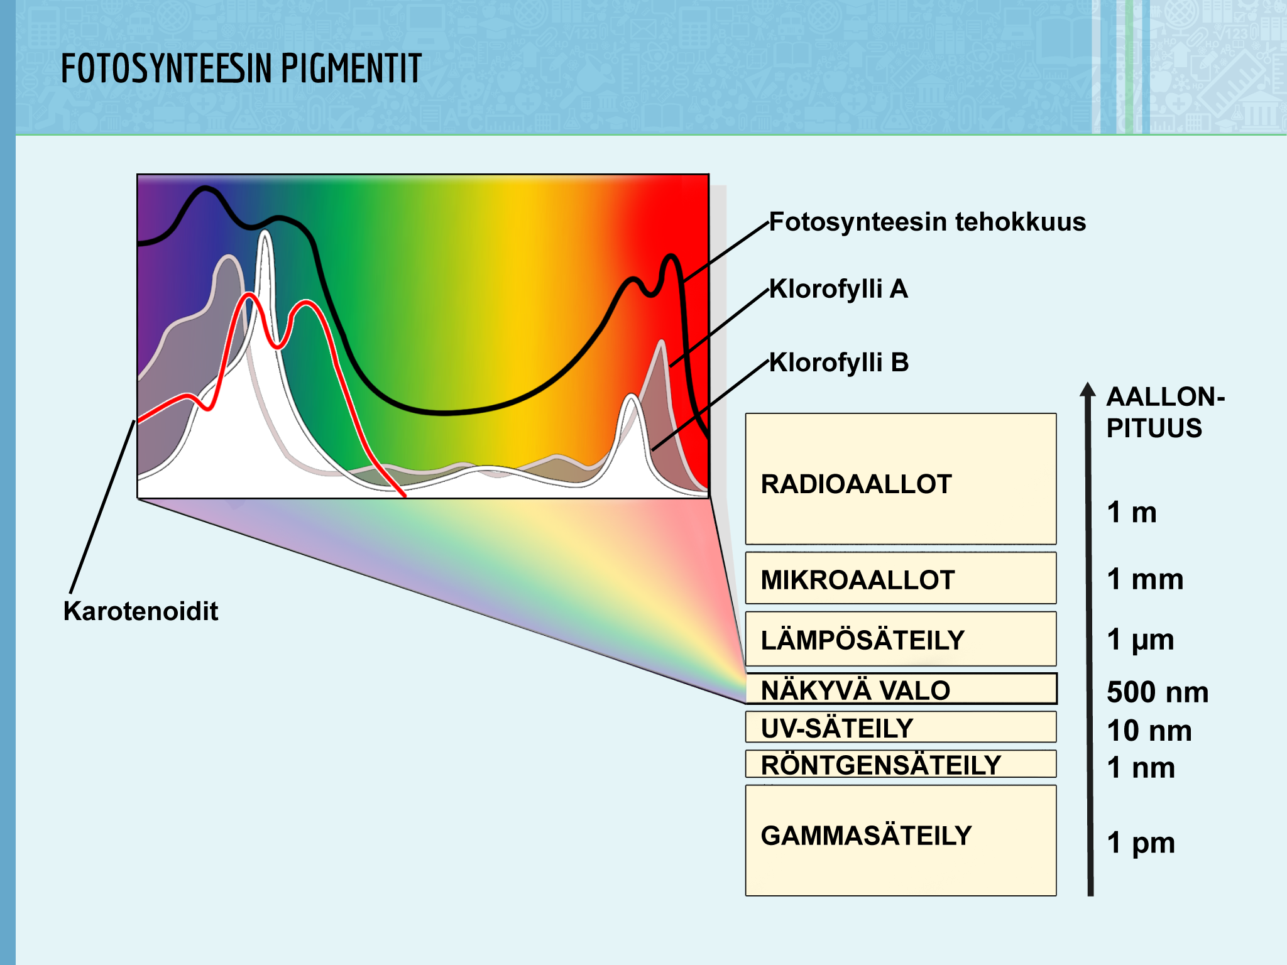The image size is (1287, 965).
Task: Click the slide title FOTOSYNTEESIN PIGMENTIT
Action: coord(241,68)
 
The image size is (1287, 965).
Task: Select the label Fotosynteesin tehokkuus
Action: coord(928,222)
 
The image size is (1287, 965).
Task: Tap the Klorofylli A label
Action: coord(839,289)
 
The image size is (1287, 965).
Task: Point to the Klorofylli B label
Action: coord(839,363)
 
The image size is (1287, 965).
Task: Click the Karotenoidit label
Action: coord(141,611)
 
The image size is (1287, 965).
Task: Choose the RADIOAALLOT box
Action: coord(901,479)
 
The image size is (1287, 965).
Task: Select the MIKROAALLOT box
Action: coord(901,578)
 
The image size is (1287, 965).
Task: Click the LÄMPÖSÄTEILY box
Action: coord(901,638)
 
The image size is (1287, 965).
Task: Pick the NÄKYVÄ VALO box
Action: coord(901,689)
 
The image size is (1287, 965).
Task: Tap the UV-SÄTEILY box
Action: coord(901,727)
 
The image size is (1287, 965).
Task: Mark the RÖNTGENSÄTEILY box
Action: coord(901,764)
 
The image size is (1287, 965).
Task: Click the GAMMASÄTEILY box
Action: coord(901,840)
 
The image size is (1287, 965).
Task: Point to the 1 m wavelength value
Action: coord(1132,512)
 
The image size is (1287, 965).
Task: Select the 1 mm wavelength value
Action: coord(1145,579)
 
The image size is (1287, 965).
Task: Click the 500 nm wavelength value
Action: coord(1158,692)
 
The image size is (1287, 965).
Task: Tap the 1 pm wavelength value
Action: coord(1141,843)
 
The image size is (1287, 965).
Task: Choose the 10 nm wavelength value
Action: coord(1149,731)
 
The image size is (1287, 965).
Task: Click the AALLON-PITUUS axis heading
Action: coord(1166,412)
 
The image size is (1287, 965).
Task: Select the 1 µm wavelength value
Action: coord(1141,640)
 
